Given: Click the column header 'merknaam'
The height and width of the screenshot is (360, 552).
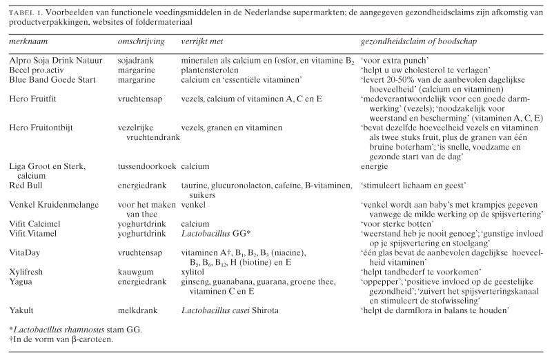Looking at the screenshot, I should point(27,42).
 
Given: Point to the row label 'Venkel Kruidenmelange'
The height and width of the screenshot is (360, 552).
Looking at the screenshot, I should point(54,205).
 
